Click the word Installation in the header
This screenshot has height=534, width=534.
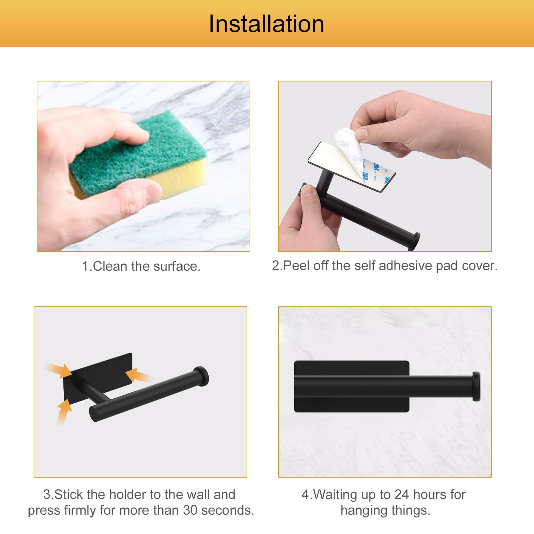(266, 24)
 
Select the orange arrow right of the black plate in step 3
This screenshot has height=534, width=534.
(139, 375)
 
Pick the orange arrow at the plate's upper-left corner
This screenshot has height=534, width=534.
(59, 370)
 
